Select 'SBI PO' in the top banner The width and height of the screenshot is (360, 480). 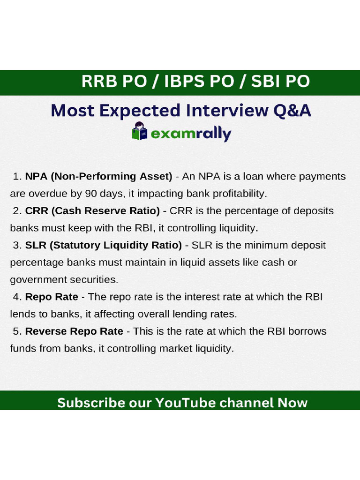280,81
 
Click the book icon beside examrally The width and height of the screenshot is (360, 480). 139,132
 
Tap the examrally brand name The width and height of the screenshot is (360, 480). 190,135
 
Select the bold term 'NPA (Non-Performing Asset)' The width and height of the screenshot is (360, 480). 98,177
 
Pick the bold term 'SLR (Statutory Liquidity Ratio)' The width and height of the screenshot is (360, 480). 103,245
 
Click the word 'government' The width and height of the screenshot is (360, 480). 36,280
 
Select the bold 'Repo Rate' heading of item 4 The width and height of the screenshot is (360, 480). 52,297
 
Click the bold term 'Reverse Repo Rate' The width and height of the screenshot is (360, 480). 74,331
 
